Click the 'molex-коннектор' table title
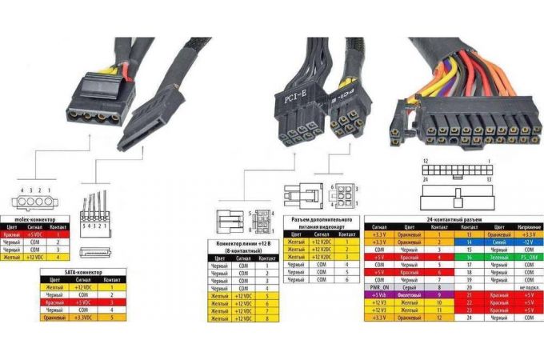pyautogui.click(x=36, y=218)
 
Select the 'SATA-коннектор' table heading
pyautogui.click(x=82, y=273)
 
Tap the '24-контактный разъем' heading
pyautogui.click(x=454, y=217)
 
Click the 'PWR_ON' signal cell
pyautogui.click(x=379, y=286)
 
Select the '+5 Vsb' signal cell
pyautogui.click(x=379, y=294)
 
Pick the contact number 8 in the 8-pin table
pyautogui.click(x=266, y=318)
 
